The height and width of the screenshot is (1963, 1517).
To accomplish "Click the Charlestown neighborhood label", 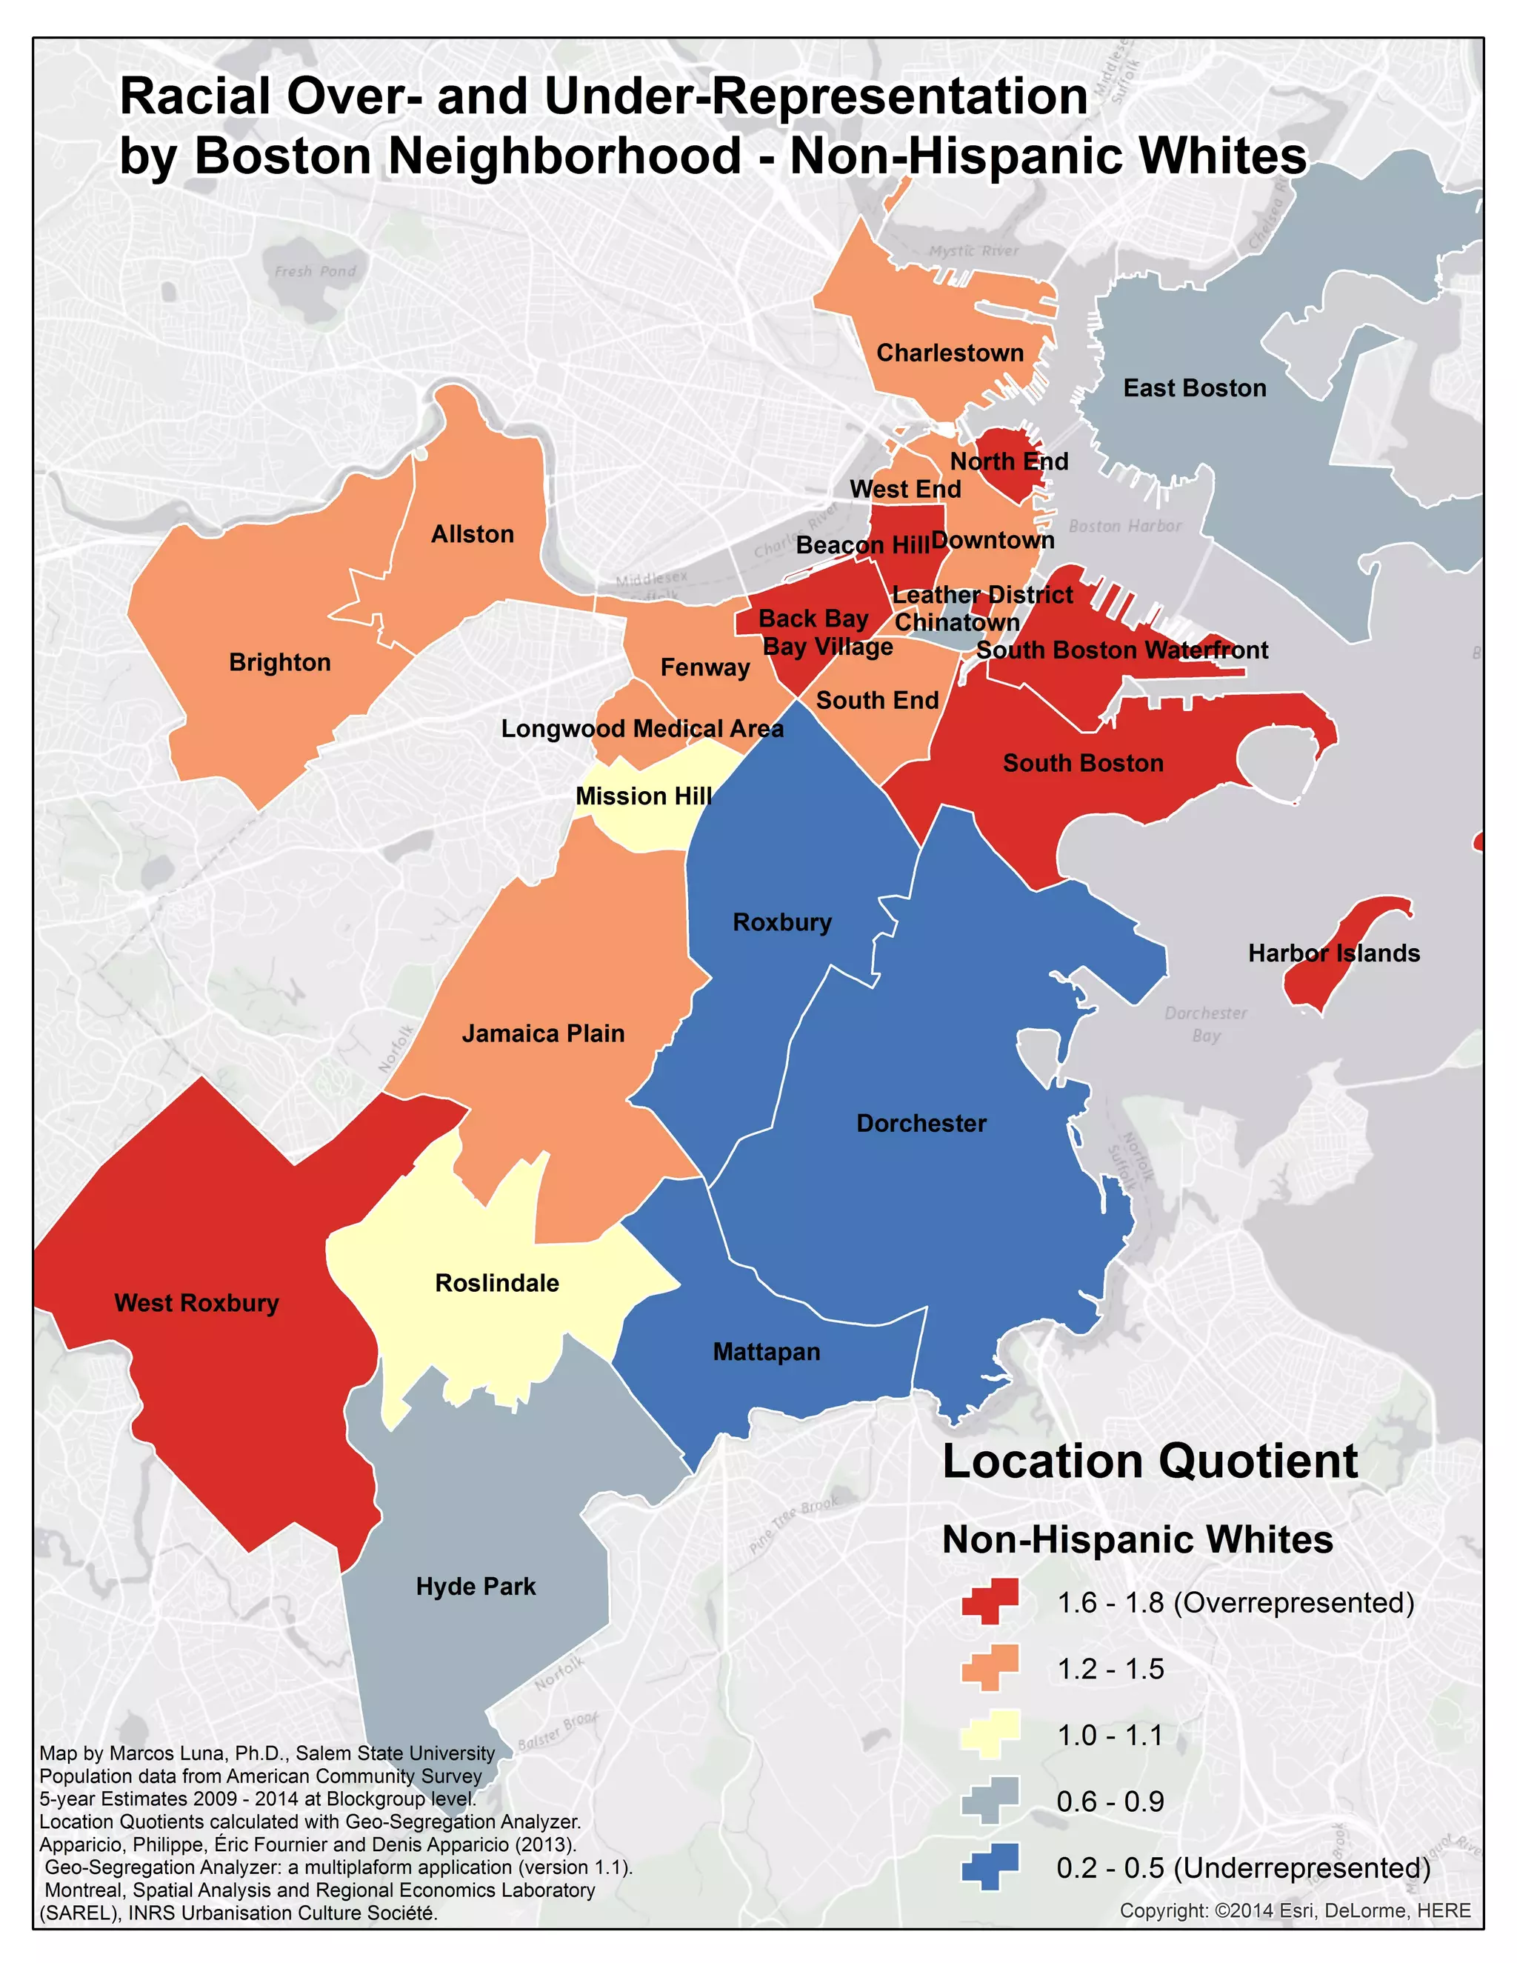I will coord(949,353).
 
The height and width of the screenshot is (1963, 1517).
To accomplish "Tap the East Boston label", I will coord(1193,387).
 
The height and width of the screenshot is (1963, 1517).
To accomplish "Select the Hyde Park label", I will coord(476,1587).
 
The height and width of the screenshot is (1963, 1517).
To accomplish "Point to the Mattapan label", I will coord(766,1351).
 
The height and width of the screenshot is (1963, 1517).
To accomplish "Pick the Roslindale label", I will coord(496,1282).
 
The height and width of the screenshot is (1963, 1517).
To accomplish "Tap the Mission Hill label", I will coord(644,796).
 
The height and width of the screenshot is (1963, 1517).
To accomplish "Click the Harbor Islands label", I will coord(1333,953).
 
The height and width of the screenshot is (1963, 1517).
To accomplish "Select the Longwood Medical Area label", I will coord(641,728).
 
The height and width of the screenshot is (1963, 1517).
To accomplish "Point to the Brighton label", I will coord(279,661).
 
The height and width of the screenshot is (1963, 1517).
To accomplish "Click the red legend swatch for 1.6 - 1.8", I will coord(990,1601).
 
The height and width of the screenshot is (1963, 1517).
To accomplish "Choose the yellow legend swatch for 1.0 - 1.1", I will coord(990,1733).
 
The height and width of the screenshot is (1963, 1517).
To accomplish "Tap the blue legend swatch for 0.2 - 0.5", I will coord(990,1866).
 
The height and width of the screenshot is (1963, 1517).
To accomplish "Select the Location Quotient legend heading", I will coord(1149,1462).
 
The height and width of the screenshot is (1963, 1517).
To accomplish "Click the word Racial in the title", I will coord(194,96).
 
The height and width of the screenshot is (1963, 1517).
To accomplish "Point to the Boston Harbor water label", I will coord(1124,526).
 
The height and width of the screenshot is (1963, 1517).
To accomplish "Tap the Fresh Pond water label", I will coord(315,271).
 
